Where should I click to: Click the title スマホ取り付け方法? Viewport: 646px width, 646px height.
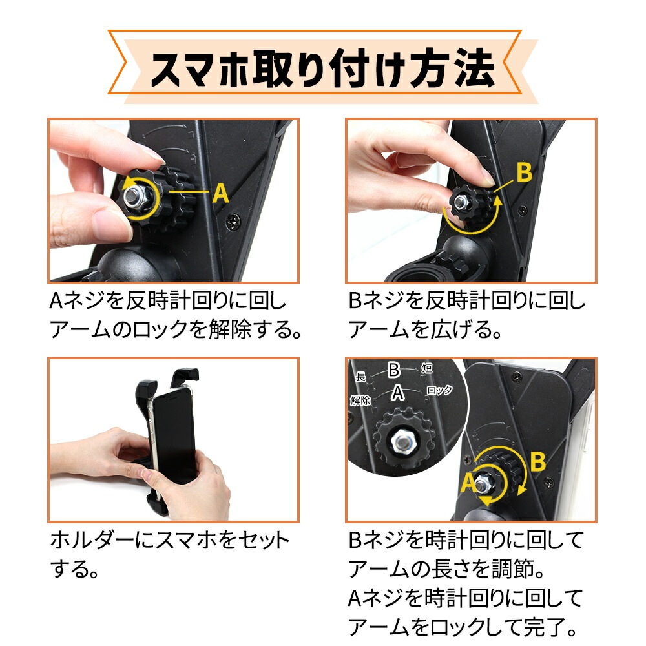[x=322, y=68]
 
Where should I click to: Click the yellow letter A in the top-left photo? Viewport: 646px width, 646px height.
[x=221, y=193]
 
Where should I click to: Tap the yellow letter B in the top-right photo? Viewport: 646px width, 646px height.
[x=524, y=172]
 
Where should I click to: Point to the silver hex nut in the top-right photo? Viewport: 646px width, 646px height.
[x=462, y=202]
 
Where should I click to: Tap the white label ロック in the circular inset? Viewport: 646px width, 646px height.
[x=439, y=390]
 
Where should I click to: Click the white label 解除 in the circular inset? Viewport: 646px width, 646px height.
[x=360, y=400]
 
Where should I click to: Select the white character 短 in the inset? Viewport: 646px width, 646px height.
[x=426, y=368]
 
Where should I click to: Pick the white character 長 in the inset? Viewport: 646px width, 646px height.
[x=360, y=377]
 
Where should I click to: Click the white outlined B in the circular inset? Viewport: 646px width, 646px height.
[x=394, y=370]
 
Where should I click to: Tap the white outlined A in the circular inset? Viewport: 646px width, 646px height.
[x=397, y=393]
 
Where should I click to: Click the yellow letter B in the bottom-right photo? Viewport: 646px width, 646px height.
[x=537, y=462]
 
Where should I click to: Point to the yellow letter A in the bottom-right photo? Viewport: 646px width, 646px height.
[x=468, y=482]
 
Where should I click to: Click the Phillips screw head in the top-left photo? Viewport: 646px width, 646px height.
[x=234, y=222]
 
